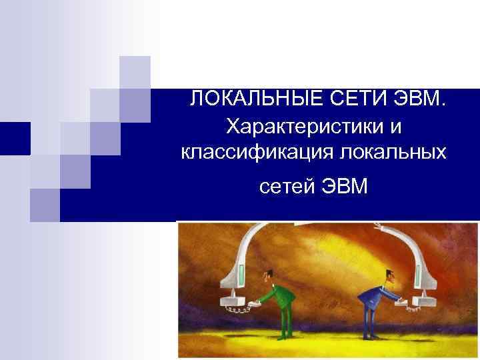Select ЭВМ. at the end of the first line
coord(417,100)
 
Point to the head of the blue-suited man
coord(389,274)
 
